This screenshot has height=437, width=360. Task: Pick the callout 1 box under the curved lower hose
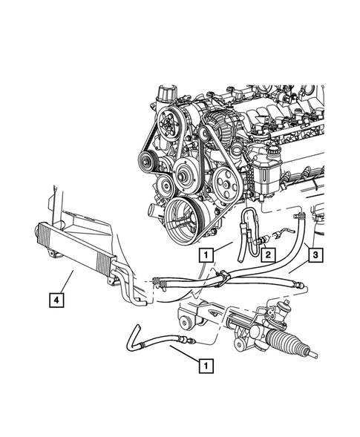(204, 364)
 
